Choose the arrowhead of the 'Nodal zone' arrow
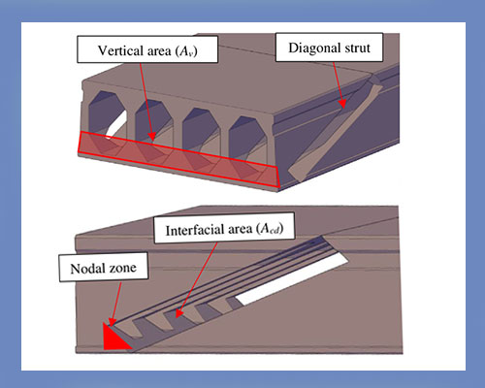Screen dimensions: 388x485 (113, 324)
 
